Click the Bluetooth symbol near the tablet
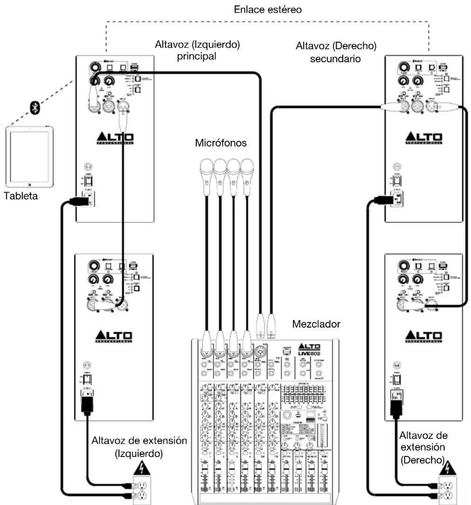(35, 108)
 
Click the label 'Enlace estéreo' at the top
(267, 9)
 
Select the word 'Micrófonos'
(221, 143)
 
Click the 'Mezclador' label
(316, 324)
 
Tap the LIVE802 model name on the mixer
(309, 353)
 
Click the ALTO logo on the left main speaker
(115, 138)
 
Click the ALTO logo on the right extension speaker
(424, 336)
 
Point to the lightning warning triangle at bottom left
(142, 468)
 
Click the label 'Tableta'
(21, 196)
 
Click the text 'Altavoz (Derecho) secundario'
(336, 52)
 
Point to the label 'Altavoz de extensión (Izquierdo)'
(139, 447)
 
